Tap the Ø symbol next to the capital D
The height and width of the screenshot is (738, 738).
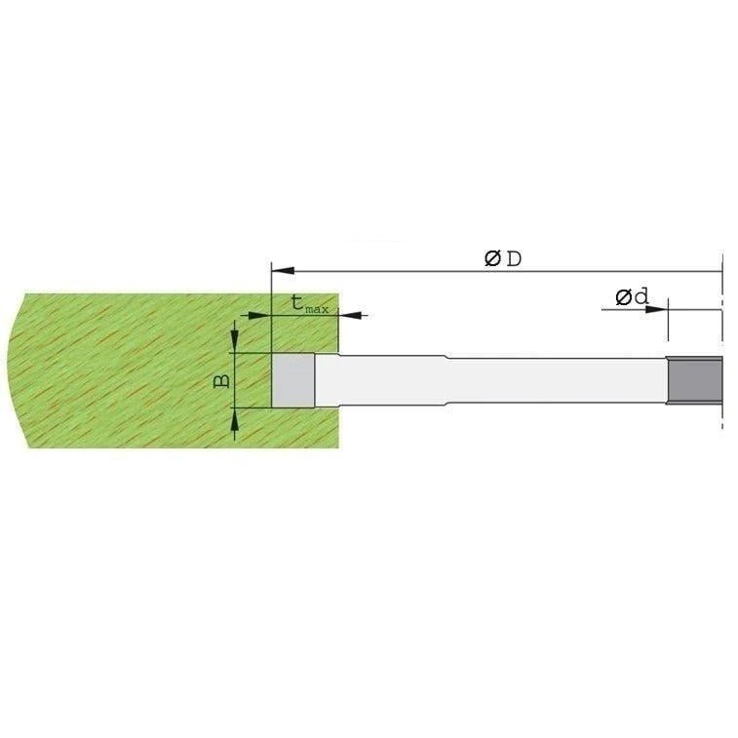click(x=493, y=258)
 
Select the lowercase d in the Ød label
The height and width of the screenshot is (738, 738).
click(x=641, y=296)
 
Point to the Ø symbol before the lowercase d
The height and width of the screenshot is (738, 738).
click(x=623, y=296)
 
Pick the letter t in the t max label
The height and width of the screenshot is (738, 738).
click(x=298, y=303)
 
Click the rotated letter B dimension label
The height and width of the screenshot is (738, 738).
click(x=222, y=379)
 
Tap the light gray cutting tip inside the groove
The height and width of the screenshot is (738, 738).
click(x=292, y=380)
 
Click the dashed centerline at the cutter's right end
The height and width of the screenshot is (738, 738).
click(x=722, y=390)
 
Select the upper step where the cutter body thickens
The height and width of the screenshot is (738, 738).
click(x=446, y=358)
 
